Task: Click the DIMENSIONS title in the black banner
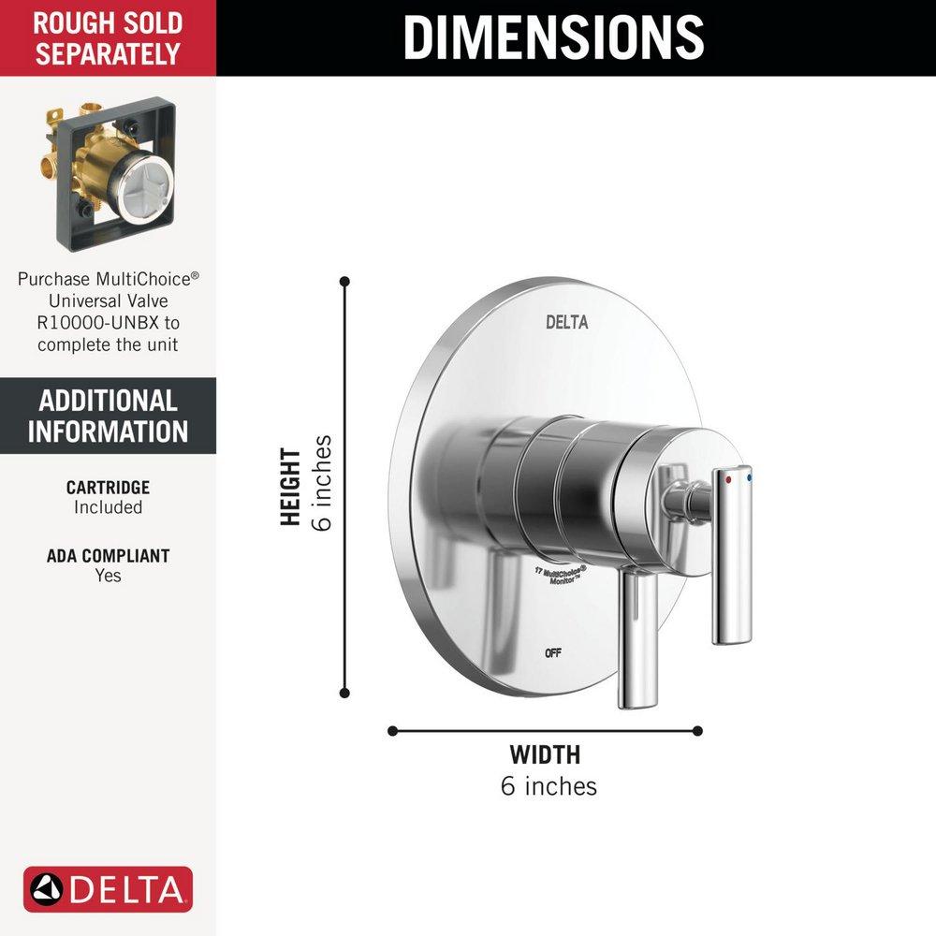pyautogui.click(x=553, y=37)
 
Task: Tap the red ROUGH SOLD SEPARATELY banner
pyautogui.click(x=108, y=37)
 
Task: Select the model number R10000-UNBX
pyautogui.click(x=108, y=323)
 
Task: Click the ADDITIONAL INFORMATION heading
pyautogui.click(x=108, y=416)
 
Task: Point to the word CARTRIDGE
pyautogui.click(x=108, y=488)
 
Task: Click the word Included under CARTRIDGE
pyautogui.click(x=108, y=507)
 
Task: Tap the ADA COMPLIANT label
pyautogui.click(x=108, y=556)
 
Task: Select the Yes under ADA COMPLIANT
pyautogui.click(x=108, y=576)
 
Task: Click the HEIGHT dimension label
pyautogui.click(x=292, y=487)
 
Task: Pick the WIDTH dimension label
pyautogui.click(x=545, y=754)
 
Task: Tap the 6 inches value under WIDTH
pyautogui.click(x=548, y=785)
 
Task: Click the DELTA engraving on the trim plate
pyautogui.click(x=567, y=323)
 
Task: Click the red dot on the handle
pyautogui.click(x=729, y=477)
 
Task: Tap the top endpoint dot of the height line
pyautogui.click(x=344, y=281)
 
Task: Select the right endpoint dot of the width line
pyautogui.click(x=698, y=731)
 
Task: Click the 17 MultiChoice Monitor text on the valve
pyautogui.click(x=560, y=574)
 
